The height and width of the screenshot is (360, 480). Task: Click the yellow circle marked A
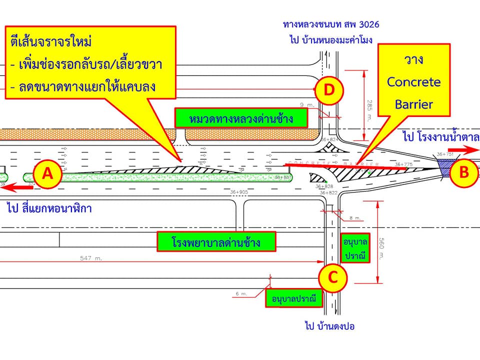pyautogui.click(x=47, y=174)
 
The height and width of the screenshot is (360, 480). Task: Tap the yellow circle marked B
pyautogui.click(x=464, y=172)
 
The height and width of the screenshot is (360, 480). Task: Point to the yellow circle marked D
pyautogui.click(x=329, y=90)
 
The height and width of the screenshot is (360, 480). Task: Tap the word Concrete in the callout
pyautogui.click(x=414, y=81)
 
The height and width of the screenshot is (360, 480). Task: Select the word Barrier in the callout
pyautogui.click(x=414, y=104)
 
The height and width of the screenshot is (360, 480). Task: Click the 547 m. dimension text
pyautogui.click(x=91, y=258)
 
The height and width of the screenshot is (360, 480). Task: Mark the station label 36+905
pyautogui.click(x=239, y=192)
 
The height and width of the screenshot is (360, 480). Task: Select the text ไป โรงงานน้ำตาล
pyautogui.click(x=440, y=136)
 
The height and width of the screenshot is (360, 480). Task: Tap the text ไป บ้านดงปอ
pyautogui.click(x=329, y=326)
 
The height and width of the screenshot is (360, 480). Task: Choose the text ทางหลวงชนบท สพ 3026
pyautogui.click(x=334, y=23)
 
